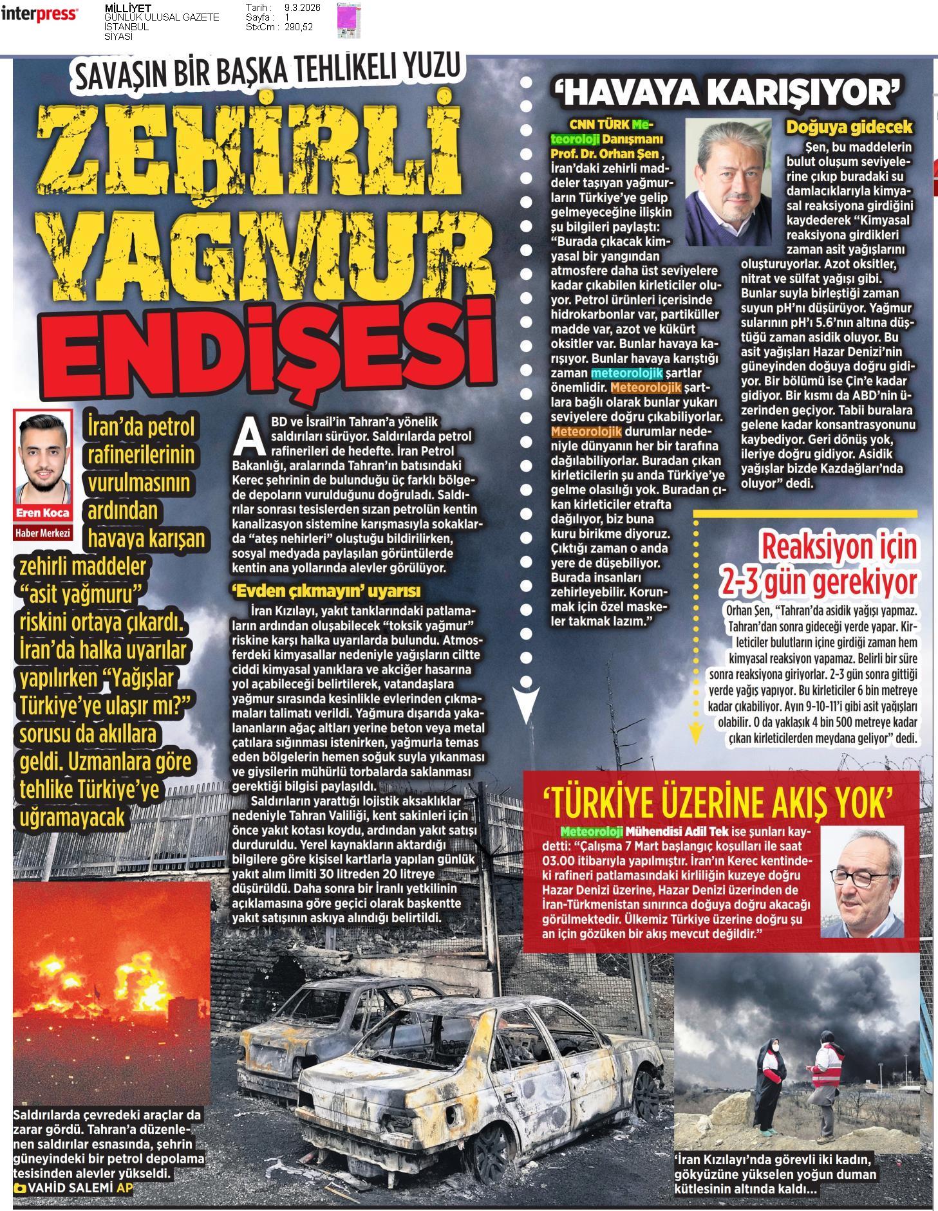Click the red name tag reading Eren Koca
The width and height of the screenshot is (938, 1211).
(x=43, y=513)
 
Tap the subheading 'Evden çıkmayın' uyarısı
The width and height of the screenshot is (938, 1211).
(x=326, y=590)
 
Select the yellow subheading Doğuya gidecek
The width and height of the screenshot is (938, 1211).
(x=849, y=127)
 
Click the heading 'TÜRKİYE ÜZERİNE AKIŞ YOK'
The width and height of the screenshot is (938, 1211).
(x=718, y=800)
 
